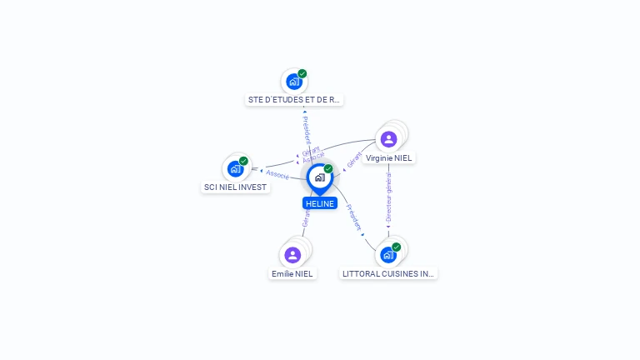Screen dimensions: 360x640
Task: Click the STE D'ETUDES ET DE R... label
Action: [x=294, y=100]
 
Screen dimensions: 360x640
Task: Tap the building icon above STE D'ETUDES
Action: [x=293, y=82]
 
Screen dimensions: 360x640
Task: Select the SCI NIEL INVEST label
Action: [x=236, y=187]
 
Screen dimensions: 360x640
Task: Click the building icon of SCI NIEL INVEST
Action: [x=235, y=169]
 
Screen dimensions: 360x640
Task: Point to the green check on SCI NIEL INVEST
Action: [x=243, y=161]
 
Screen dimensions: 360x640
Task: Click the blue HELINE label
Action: [x=320, y=203]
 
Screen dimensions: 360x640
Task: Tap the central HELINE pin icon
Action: [x=319, y=177]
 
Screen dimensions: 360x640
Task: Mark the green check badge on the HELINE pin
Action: [x=328, y=169]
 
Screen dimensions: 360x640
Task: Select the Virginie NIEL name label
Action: [x=389, y=158]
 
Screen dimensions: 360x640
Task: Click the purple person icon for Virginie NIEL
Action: [x=388, y=139]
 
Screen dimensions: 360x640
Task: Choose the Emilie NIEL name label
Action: [x=292, y=273]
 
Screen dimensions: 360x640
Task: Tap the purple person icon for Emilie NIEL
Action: [x=292, y=255]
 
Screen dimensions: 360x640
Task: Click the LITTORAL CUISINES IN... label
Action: [x=388, y=273]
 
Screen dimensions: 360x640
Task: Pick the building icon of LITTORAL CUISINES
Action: [x=387, y=255]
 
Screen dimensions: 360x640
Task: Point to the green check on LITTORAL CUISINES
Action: [x=396, y=247]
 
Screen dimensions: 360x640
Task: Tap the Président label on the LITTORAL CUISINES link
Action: [x=354, y=217]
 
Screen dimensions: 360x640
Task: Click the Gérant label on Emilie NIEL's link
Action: [x=306, y=218]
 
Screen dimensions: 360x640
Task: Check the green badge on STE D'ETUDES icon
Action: [x=302, y=73]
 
